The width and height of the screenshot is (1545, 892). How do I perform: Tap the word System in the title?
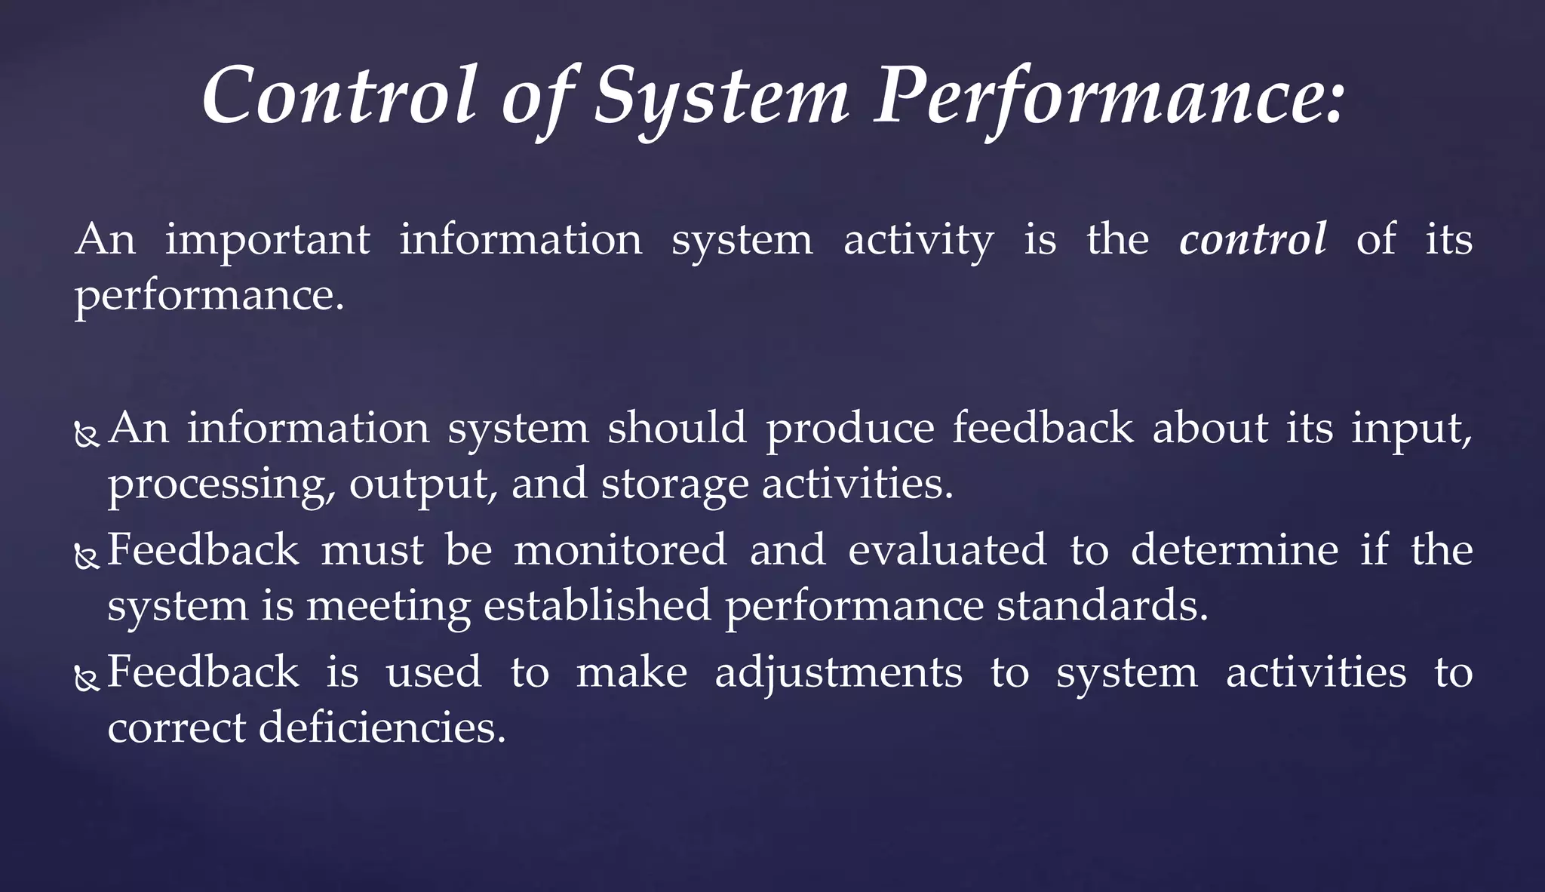tap(721, 98)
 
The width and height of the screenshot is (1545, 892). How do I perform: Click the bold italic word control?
tap(1252, 240)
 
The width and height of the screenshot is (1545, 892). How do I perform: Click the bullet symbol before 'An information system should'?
tap(88, 435)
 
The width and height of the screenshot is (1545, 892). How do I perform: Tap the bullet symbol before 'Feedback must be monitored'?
tap(88, 557)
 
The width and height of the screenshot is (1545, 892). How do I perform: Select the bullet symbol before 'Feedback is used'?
tap(88, 680)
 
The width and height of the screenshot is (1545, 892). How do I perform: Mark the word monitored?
tap(620, 549)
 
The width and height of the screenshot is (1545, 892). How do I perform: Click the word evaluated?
tap(948, 549)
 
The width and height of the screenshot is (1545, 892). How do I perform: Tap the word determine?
tap(1234, 549)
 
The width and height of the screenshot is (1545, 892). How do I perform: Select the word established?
tap(597, 605)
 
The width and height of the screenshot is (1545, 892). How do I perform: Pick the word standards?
tap(1102, 605)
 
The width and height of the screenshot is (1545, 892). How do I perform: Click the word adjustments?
tap(838, 672)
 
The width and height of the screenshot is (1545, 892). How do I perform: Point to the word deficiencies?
tap(382, 727)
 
